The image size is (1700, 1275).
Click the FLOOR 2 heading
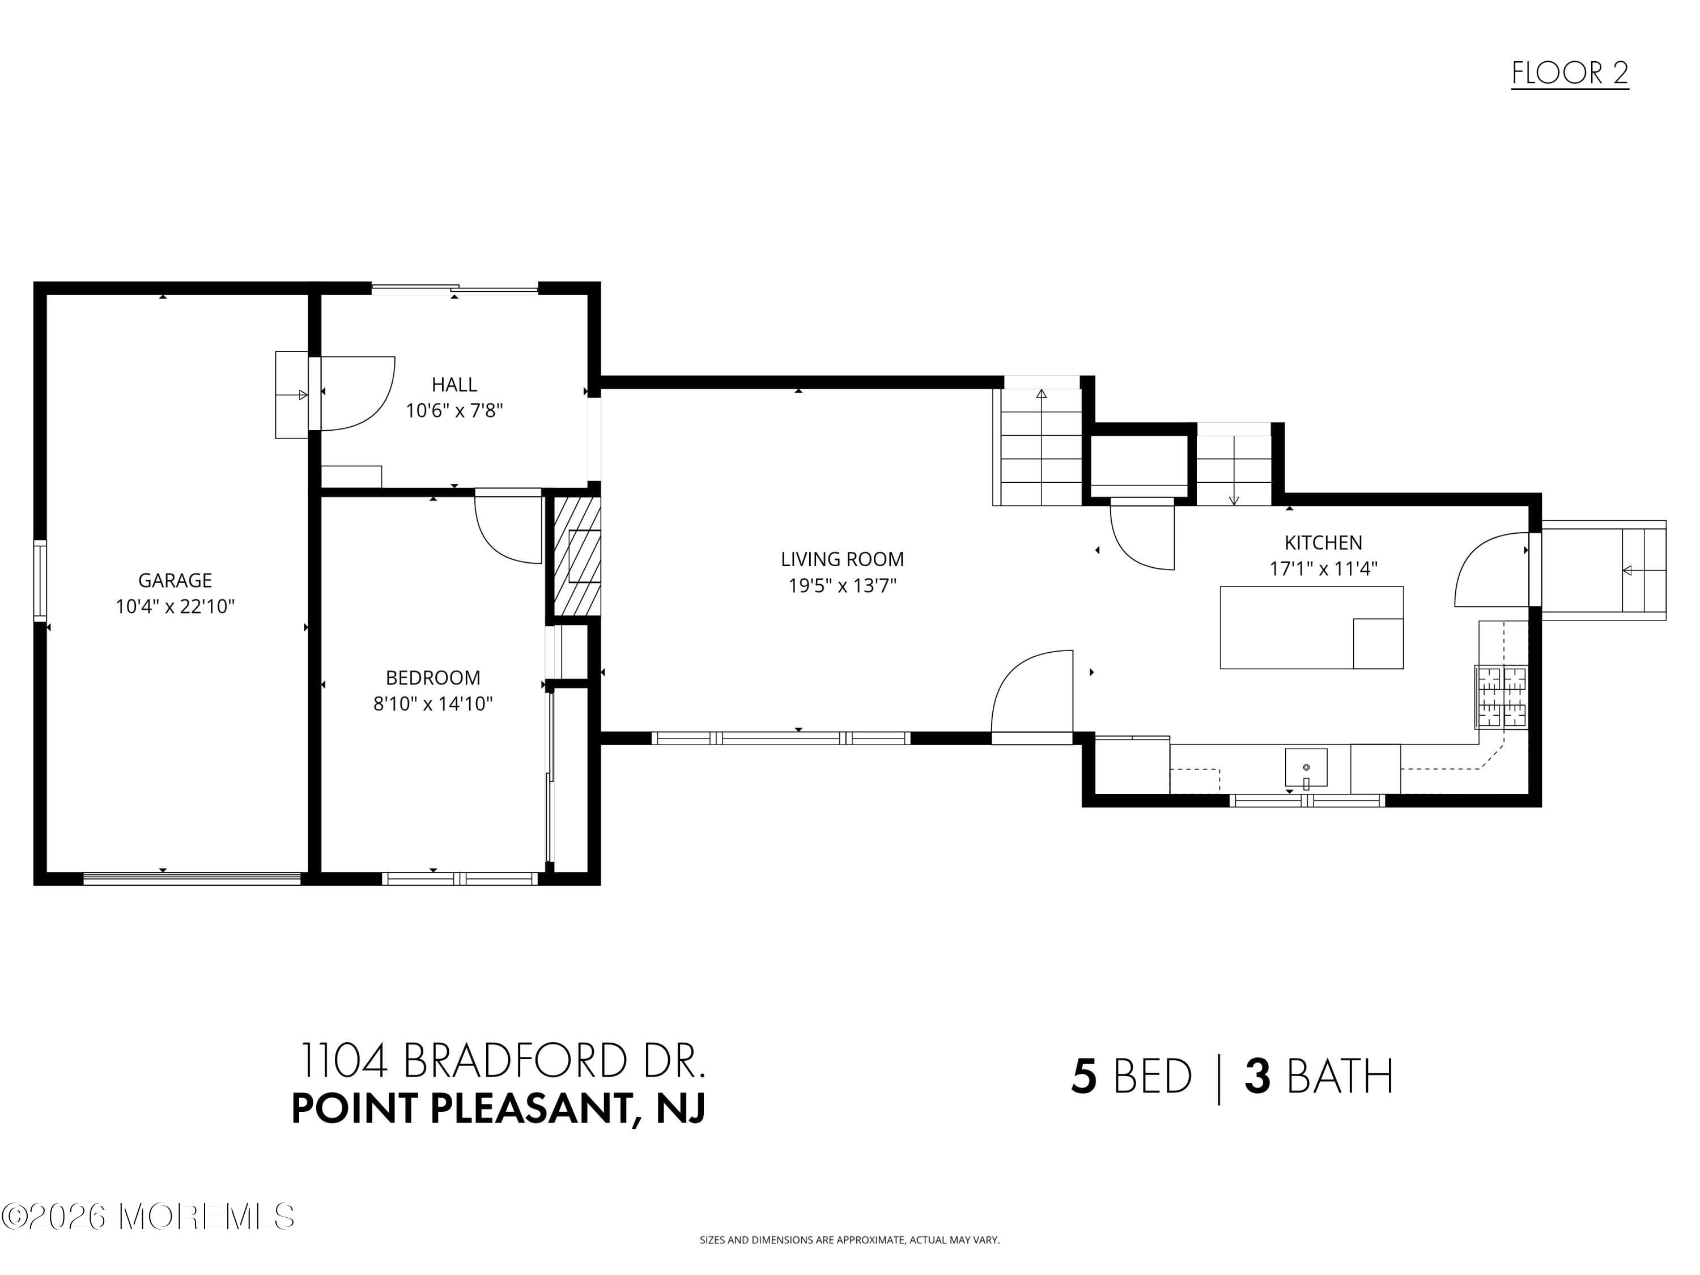coord(1569,74)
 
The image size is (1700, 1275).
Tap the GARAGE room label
coord(175,580)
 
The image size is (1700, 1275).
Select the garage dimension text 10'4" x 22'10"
coord(175,606)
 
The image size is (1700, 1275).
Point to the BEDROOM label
coord(433,678)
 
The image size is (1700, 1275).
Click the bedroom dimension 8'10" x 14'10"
coord(433,704)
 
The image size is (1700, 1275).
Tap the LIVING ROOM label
coord(841,559)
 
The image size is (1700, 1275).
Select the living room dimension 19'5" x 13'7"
coord(841,585)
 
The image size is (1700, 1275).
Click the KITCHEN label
coord(1323,543)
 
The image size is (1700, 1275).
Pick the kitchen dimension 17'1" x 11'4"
coord(1323,569)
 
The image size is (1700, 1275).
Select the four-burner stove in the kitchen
coord(1501,697)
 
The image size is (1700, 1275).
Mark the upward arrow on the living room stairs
coord(1042,395)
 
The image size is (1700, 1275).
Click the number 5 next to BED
coord(1083,1077)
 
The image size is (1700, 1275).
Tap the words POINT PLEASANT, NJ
coord(498,1108)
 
